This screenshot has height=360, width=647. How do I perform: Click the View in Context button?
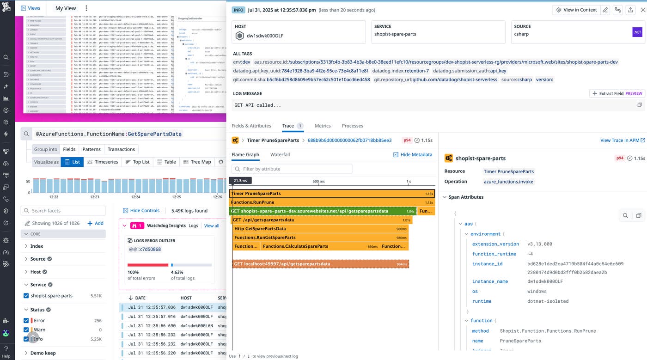[x=576, y=10]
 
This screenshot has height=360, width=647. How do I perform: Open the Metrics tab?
[x=323, y=126]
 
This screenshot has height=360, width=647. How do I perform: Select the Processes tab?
[x=352, y=126]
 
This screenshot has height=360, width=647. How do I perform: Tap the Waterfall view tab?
[x=280, y=154]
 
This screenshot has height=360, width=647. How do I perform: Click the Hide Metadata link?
[x=413, y=154]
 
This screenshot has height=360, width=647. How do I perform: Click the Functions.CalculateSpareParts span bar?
[x=319, y=246]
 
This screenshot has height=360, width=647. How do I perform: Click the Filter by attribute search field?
[x=292, y=169]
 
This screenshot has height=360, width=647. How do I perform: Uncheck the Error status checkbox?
[x=26, y=320]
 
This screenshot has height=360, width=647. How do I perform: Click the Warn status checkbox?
[x=26, y=329]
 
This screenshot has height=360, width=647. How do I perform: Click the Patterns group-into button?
[x=92, y=149]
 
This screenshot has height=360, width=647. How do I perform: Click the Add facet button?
[x=96, y=223]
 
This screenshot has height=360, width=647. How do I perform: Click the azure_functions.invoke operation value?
[x=508, y=182]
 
